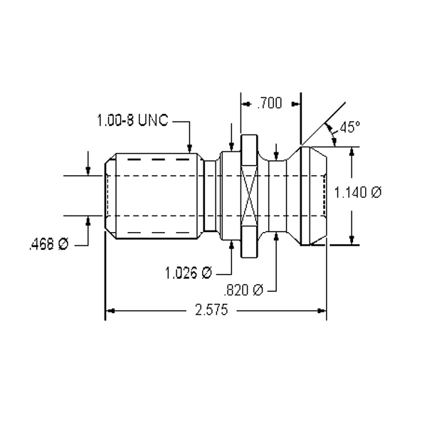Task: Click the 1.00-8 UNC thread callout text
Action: click(132, 121)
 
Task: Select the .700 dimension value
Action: click(268, 104)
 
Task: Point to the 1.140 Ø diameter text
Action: click(359, 192)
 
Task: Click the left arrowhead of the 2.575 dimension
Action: click(110, 311)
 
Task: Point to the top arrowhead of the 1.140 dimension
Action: click(351, 150)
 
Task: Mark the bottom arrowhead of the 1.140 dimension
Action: click(351, 241)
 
